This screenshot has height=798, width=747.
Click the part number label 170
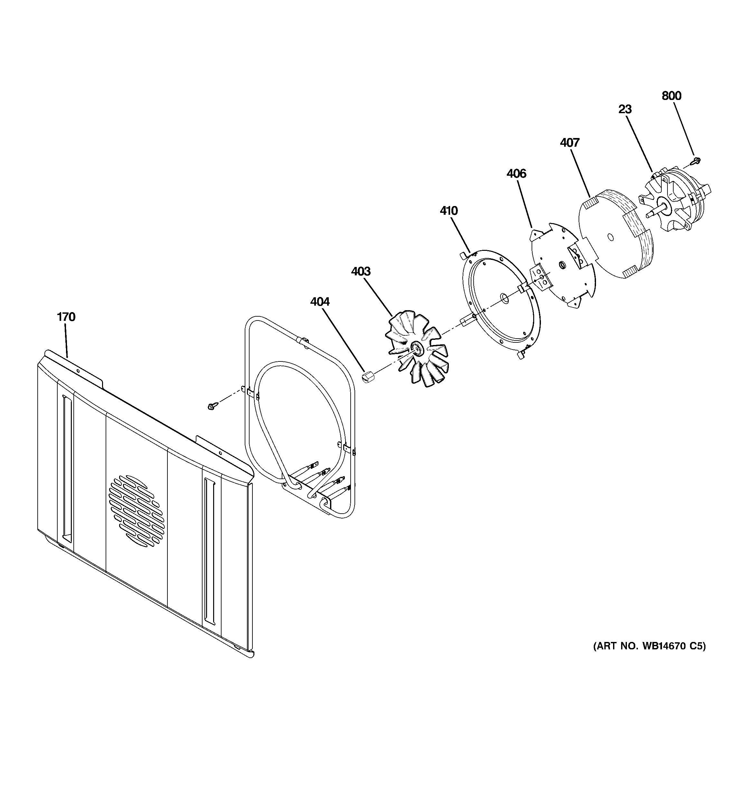click(x=66, y=317)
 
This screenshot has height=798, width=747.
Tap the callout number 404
click(x=320, y=301)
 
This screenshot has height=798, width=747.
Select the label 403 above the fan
click(x=361, y=272)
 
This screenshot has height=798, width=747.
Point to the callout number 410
click(x=448, y=211)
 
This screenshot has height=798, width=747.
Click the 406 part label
click(x=516, y=174)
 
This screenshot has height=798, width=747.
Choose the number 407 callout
click(x=569, y=143)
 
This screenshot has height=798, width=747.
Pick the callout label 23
click(x=625, y=109)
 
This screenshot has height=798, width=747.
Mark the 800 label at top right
click(x=671, y=96)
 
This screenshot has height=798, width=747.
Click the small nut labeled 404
click(x=368, y=377)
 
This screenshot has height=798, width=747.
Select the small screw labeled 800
click(x=697, y=161)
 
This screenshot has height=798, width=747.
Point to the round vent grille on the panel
click(x=136, y=511)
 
